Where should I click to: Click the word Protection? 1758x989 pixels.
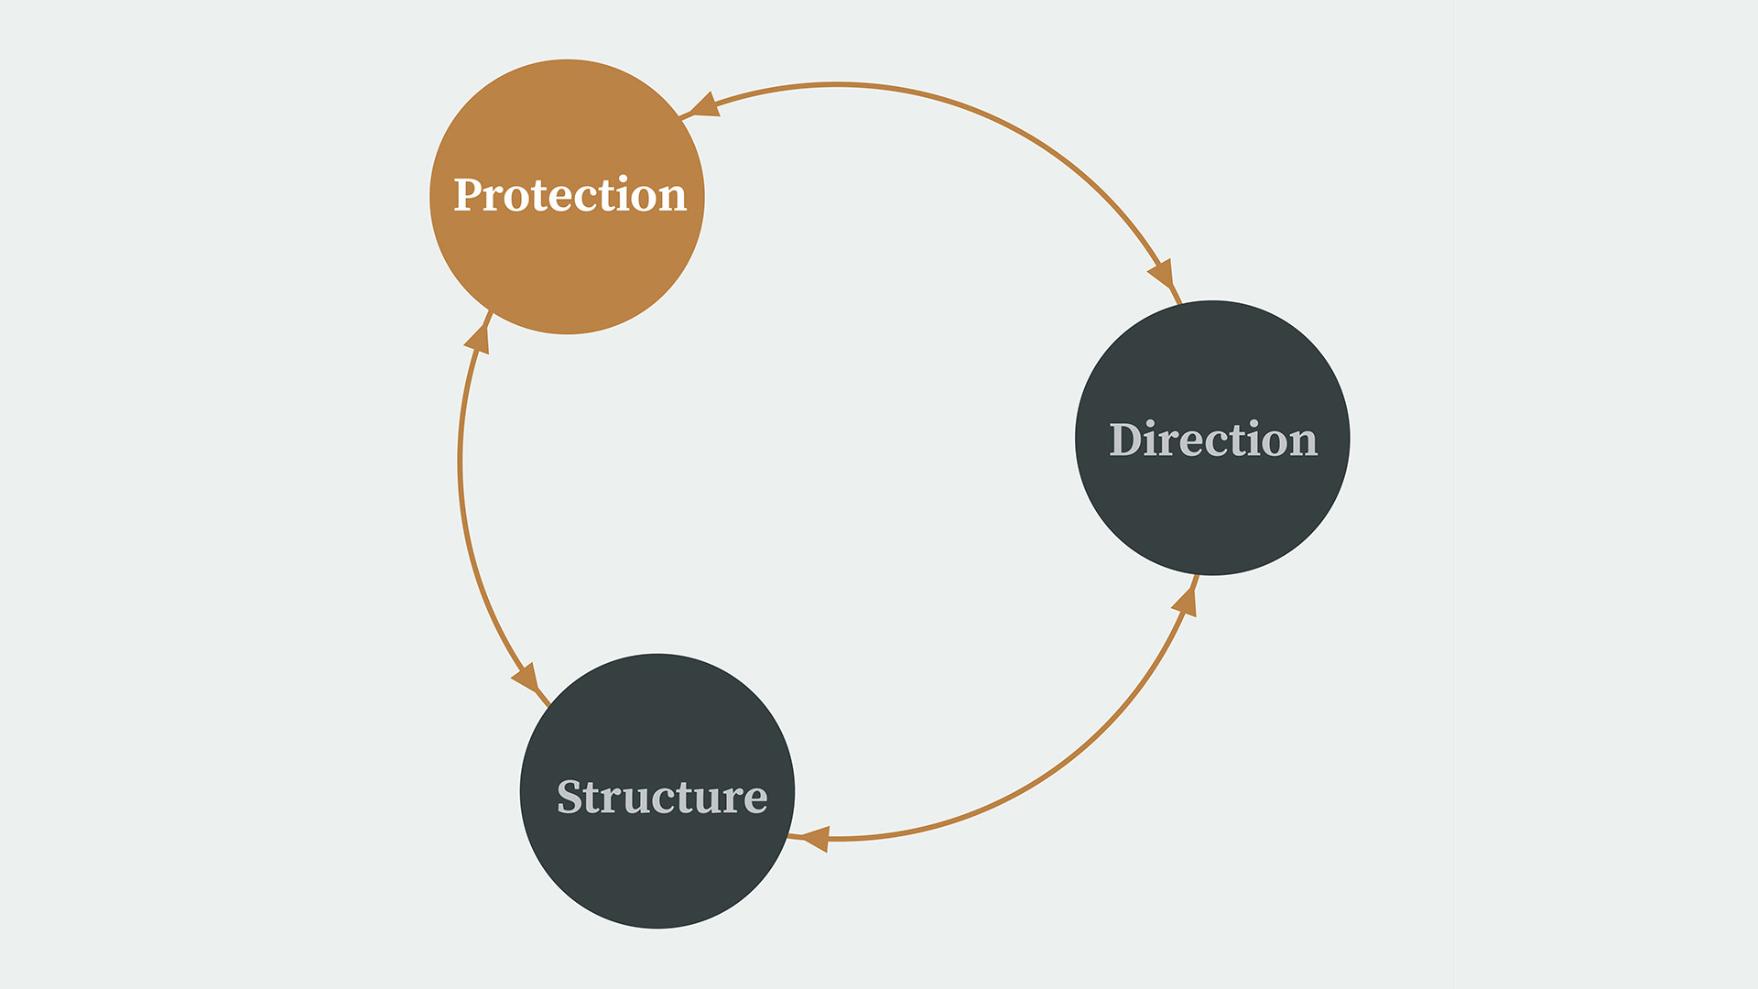570,195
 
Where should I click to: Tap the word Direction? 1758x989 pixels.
1213,440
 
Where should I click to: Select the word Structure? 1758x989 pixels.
662,797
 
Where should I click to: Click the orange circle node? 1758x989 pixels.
567,197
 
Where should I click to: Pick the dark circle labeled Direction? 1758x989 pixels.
1212,438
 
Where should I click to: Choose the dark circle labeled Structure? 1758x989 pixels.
657,791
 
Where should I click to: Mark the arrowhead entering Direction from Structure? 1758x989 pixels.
1185,602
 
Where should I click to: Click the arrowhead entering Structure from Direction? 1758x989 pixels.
815,839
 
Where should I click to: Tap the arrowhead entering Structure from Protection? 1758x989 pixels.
526,679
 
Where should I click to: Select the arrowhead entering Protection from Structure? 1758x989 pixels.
478,339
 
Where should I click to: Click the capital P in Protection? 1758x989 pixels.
469,195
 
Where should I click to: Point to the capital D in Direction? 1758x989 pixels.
1126,440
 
